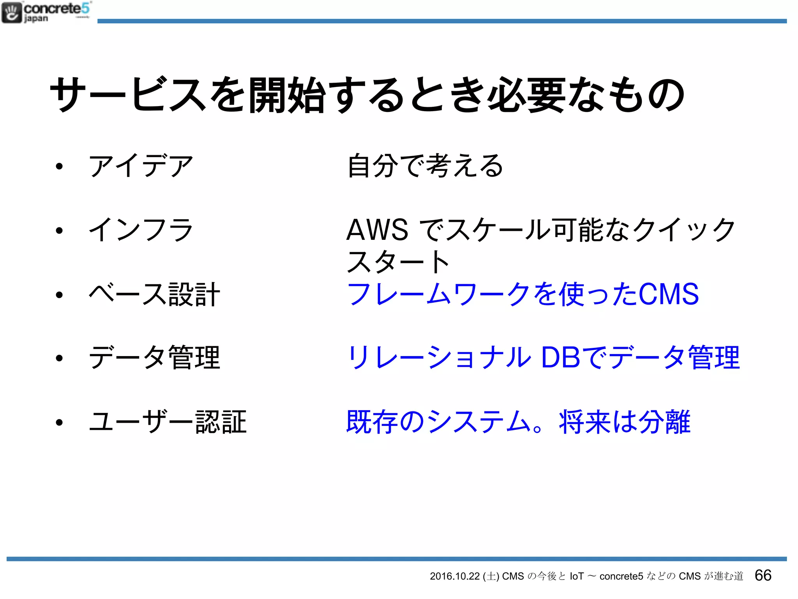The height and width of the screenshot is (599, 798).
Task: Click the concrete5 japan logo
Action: (x=46, y=12)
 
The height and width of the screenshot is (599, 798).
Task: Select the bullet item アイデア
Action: (x=141, y=166)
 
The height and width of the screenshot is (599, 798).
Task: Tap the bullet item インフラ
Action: (x=141, y=230)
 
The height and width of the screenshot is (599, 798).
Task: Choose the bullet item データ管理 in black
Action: (x=154, y=358)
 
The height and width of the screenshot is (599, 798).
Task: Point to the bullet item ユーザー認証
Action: (x=168, y=422)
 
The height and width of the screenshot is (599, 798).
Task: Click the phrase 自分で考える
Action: (x=425, y=166)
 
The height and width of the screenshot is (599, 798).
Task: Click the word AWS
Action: (x=377, y=230)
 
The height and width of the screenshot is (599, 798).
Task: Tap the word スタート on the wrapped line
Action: (x=398, y=262)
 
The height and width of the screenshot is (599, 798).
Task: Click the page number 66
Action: (x=763, y=575)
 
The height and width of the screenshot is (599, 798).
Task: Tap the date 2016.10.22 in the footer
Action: (x=454, y=576)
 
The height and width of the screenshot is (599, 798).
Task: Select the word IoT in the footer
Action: (x=577, y=576)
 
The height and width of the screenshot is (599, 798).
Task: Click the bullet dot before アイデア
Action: (x=59, y=167)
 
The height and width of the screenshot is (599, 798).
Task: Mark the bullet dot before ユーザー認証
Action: (x=59, y=422)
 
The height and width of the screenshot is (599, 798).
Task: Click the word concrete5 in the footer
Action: (x=621, y=576)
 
